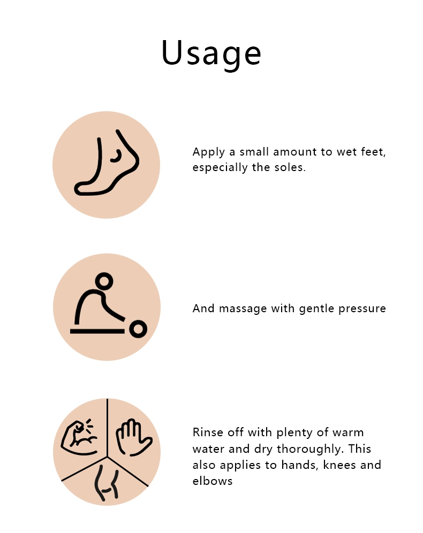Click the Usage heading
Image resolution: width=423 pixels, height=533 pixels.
(211, 53)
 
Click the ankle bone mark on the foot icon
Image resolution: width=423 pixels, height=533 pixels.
(117, 156)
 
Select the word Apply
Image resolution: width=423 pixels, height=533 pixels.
(208, 152)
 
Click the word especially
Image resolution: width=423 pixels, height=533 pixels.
(220, 168)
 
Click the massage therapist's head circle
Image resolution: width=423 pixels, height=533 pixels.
(104, 281)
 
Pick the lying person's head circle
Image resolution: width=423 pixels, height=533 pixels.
(138, 329)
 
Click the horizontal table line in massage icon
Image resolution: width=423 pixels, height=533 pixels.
(97, 331)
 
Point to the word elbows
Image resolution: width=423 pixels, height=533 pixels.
(213, 481)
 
